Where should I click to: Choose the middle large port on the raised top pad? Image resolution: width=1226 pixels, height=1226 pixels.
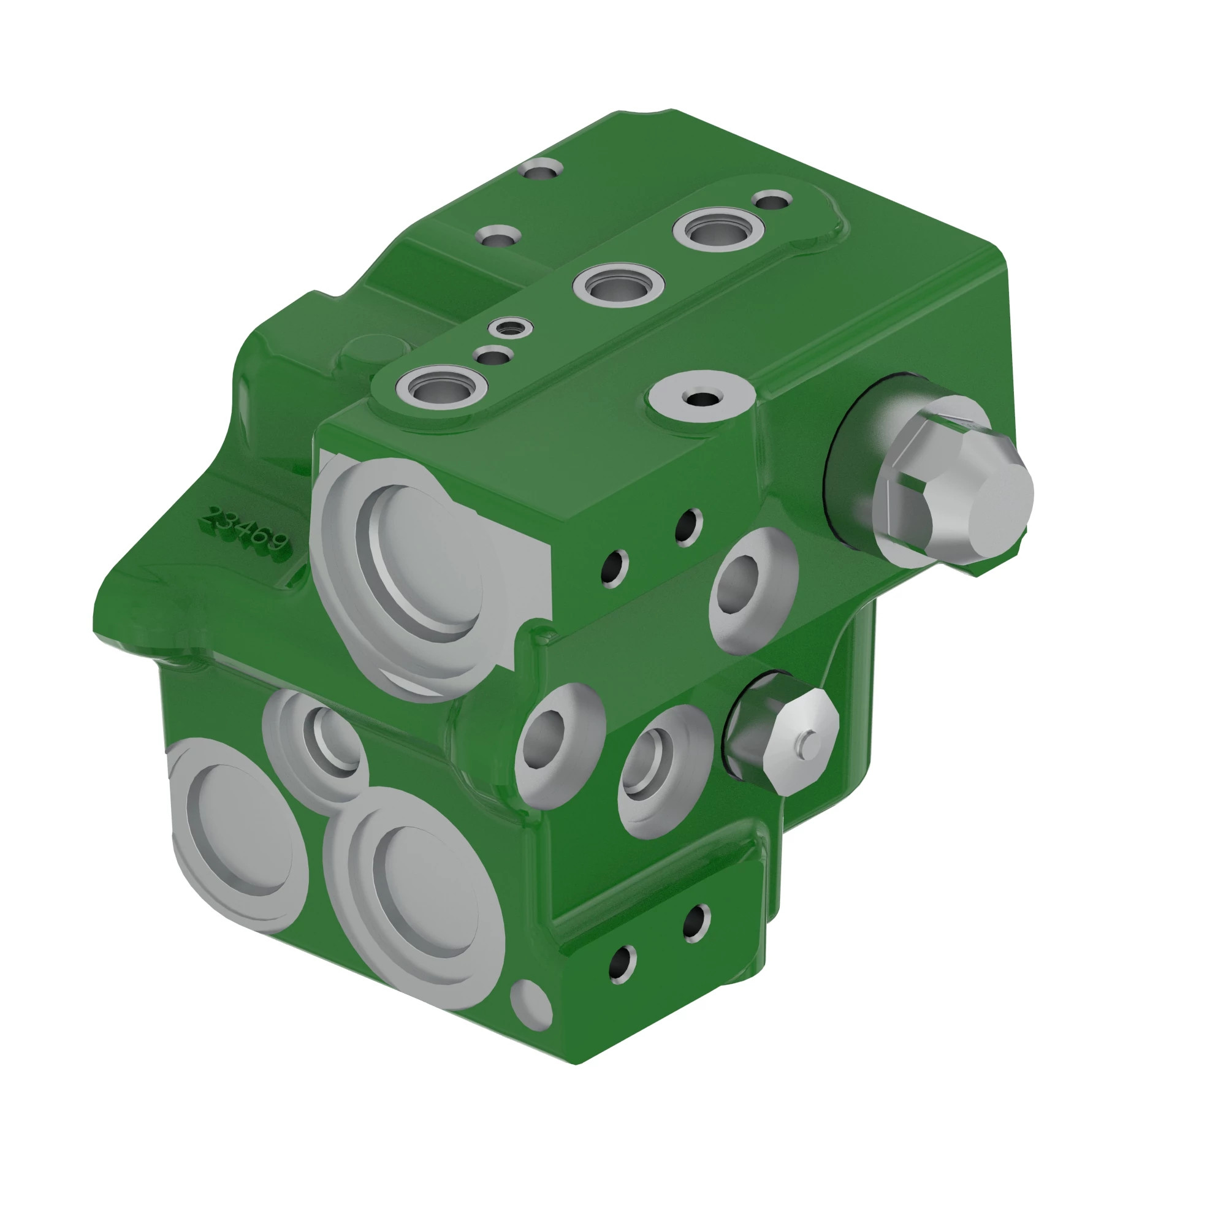click(x=619, y=286)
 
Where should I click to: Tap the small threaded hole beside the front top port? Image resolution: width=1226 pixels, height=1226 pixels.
click(x=509, y=327)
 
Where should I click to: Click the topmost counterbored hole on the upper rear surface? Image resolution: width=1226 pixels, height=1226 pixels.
click(x=541, y=169)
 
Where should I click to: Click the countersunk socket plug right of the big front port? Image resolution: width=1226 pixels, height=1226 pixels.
click(x=559, y=746)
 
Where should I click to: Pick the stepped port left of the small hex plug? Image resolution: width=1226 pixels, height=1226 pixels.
click(x=663, y=771)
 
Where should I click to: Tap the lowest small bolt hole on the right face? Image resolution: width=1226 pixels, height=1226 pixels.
click(x=622, y=964)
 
